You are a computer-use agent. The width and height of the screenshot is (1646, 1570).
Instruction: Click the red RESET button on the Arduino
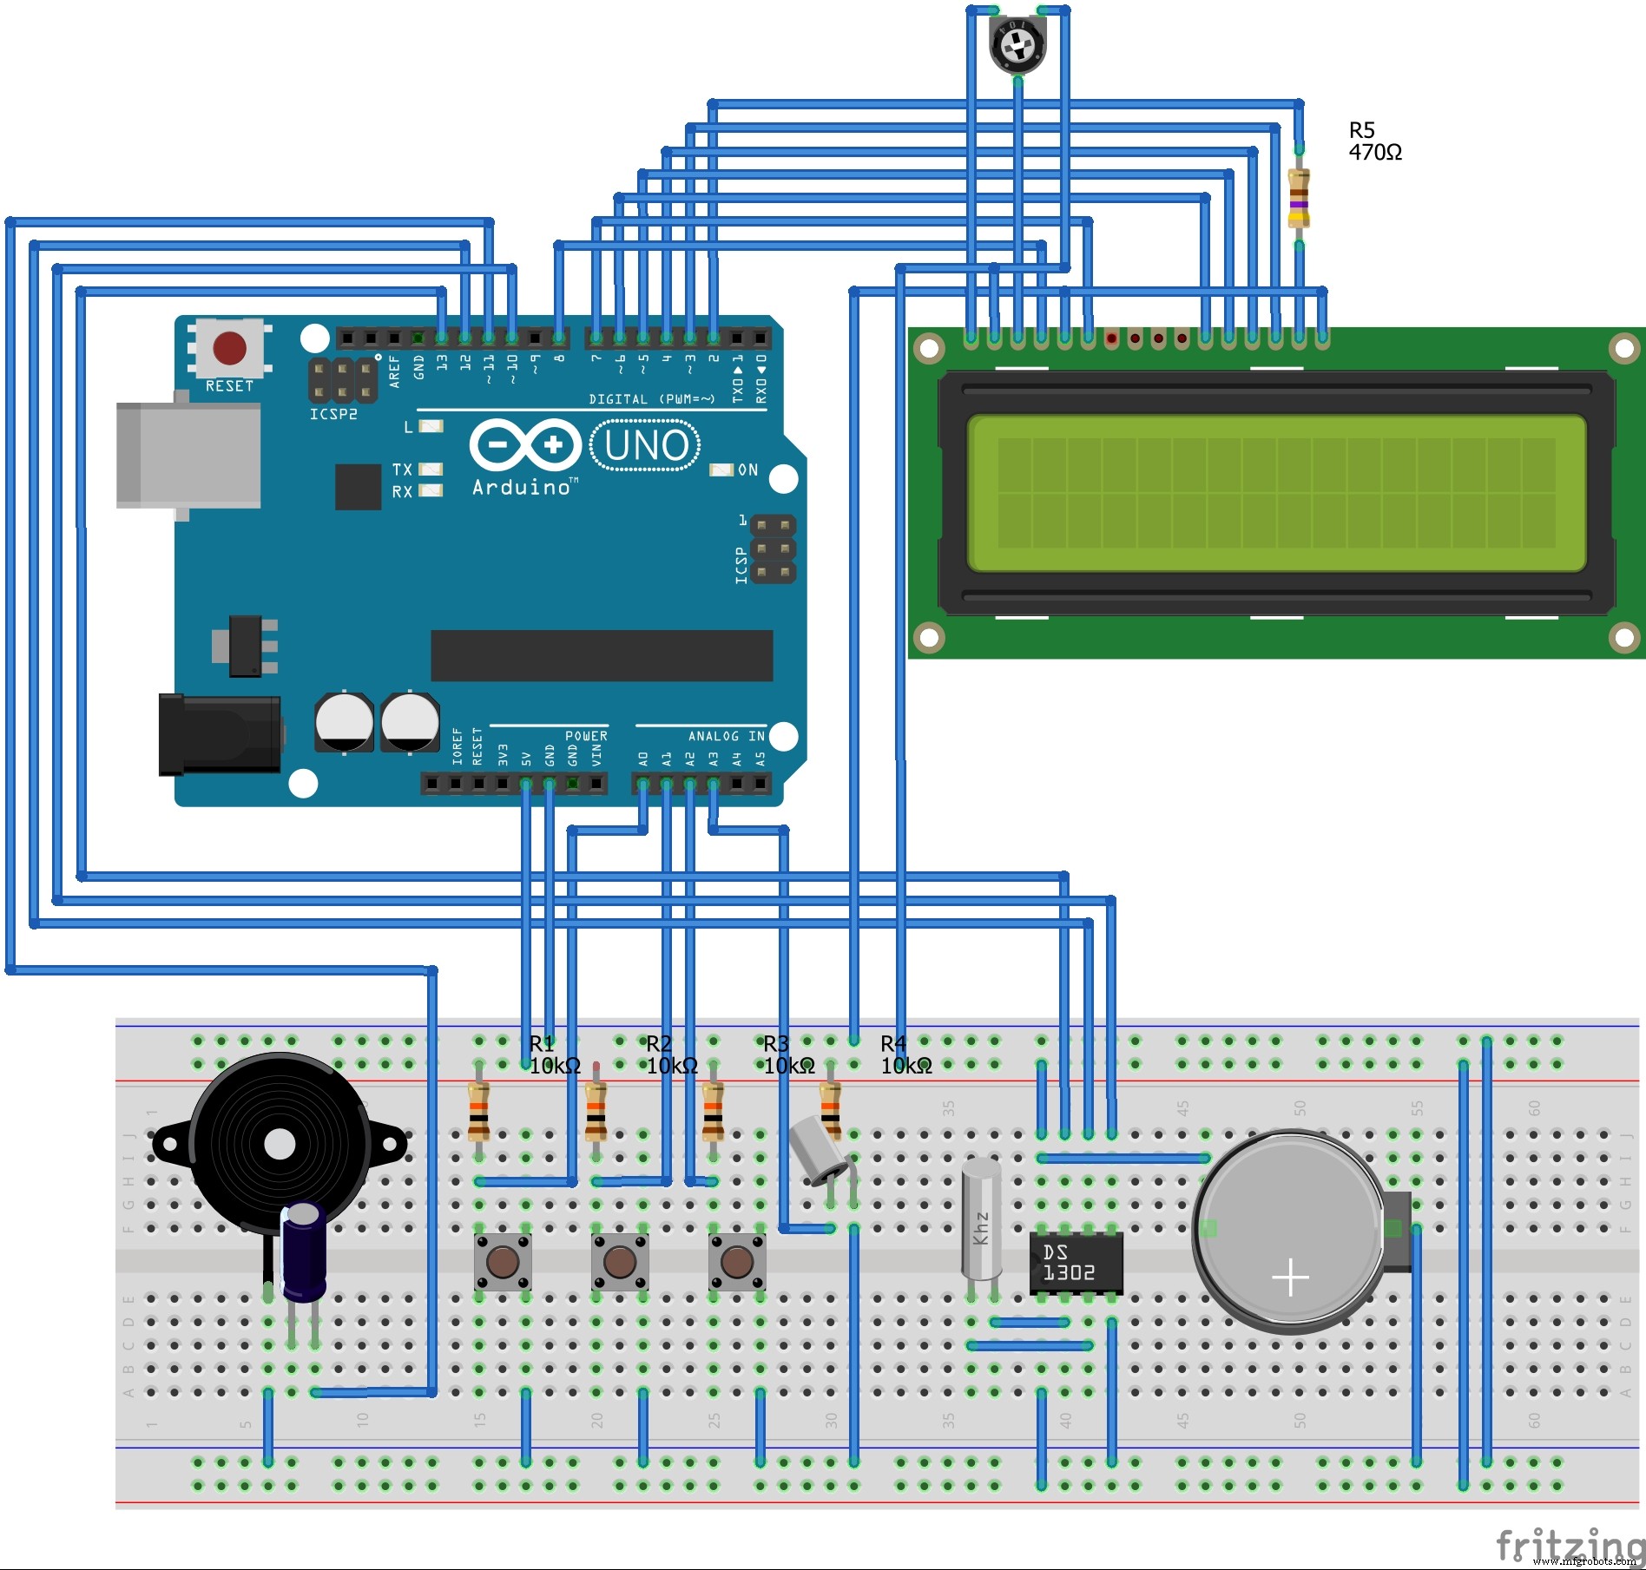pos(229,348)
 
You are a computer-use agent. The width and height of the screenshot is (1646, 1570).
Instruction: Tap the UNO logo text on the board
pos(645,445)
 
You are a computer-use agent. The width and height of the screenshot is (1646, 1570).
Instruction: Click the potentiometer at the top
pos(1017,43)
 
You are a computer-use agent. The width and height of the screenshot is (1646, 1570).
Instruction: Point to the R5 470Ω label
pos(1374,141)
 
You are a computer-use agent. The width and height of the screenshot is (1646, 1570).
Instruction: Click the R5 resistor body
pos(1298,198)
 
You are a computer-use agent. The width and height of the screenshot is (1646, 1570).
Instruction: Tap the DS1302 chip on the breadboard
pos(1075,1263)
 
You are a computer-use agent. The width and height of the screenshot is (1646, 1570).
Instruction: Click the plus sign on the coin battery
pos(1290,1278)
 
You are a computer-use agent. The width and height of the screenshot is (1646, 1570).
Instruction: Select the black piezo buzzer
pos(280,1144)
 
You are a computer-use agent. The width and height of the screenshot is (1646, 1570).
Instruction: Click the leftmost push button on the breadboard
pos(503,1262)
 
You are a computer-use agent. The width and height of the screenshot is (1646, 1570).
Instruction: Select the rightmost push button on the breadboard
pos(737,1262)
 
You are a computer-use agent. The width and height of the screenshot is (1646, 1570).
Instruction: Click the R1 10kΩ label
pos(553,1054)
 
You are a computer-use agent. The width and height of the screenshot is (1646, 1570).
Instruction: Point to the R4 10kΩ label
pos(905,1054)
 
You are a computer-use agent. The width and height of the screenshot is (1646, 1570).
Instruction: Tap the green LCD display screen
pos(1276,493)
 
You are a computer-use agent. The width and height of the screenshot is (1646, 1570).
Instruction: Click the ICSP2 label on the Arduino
pos(333,415)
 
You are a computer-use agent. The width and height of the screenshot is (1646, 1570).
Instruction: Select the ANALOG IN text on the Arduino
pos(726,736)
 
